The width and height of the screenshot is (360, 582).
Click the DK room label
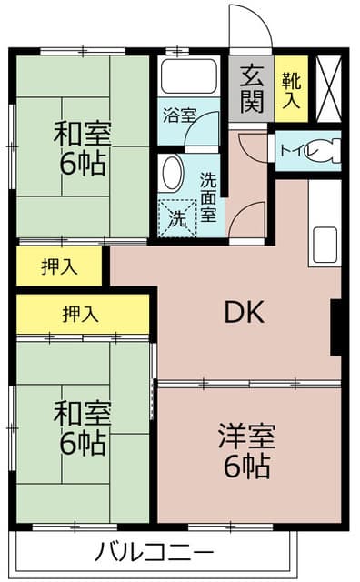pos(244,313)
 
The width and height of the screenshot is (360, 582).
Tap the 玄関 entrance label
pos(252,87)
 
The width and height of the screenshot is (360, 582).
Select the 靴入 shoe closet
pos(291,89)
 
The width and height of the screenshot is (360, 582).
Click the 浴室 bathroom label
pos(179,115)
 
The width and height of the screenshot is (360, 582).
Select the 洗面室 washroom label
pos(208,196)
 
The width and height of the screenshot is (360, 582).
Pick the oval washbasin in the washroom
pos(171,173)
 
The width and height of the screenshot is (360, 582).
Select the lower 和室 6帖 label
pos(83,430)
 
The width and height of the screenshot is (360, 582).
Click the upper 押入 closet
pos(59,266)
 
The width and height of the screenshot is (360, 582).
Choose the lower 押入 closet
pos(82,314)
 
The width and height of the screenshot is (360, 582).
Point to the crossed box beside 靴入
pos(328,88)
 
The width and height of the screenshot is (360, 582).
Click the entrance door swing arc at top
pos(250,27)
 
